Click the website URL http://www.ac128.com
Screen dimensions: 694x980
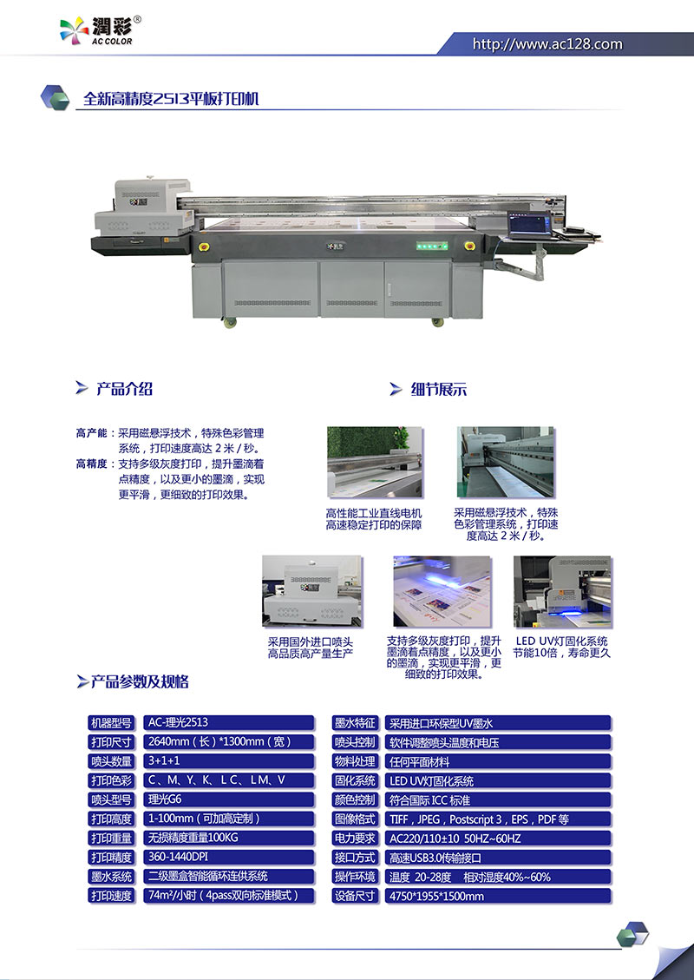pos(547,44)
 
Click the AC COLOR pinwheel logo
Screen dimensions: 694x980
pos(74,30)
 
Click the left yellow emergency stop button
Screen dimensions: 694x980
pos(203,247)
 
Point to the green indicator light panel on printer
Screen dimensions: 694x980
pos(432,247)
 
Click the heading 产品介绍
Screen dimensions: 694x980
pos(124,389)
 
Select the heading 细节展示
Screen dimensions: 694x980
pos(438,390)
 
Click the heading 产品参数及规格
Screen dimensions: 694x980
pos(140,681)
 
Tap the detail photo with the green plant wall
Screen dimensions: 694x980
pos(375,463)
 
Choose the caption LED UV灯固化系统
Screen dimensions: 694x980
pos(561,641)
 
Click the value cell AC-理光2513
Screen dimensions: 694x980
pos(229,722)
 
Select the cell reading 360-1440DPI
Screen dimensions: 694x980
pos(229,857)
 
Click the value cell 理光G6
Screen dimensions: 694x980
pos(229,799)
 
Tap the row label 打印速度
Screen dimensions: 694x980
pos(112,896)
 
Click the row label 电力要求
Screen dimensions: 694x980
pos(355,839)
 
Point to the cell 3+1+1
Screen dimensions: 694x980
pos(229,760)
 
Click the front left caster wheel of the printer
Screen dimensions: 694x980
pos(231,323)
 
